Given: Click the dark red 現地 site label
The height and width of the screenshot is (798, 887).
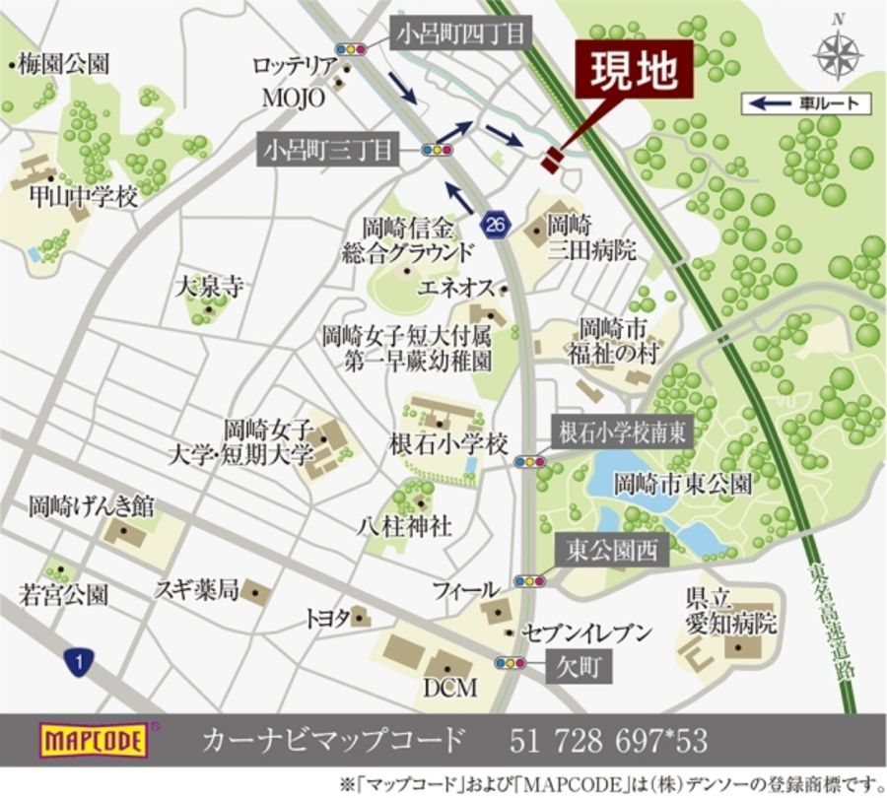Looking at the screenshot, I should click(x=635, y=70).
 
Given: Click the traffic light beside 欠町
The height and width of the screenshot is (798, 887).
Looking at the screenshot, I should click(x=511, y=663).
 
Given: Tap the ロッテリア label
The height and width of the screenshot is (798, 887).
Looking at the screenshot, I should click(x=295, y=66).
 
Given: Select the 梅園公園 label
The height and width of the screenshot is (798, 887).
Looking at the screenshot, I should click(x=62, y=65).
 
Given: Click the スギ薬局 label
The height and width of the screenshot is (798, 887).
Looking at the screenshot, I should click(x=197, y=590).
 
